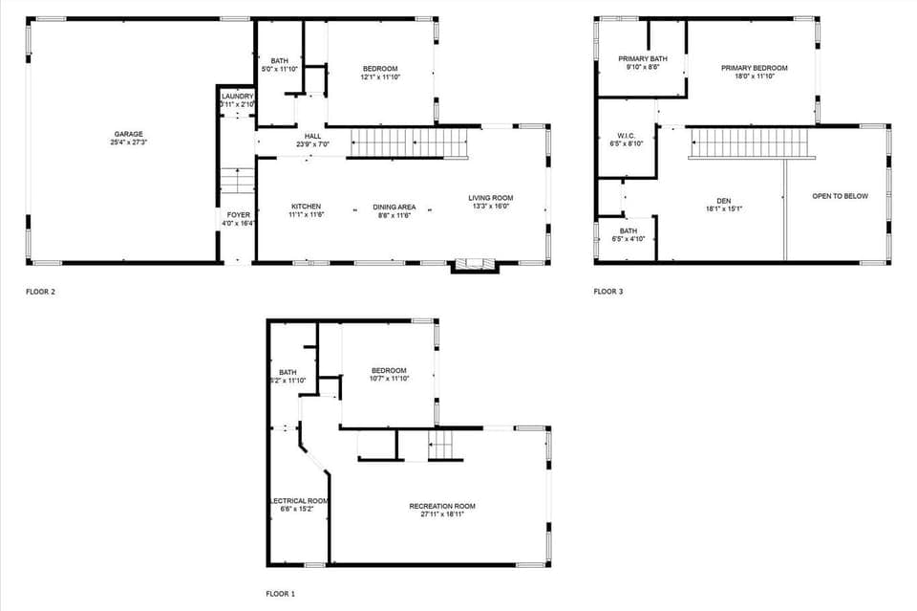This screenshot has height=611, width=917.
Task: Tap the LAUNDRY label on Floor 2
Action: coord(237,97)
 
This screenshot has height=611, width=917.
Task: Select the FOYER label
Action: coord(237,215)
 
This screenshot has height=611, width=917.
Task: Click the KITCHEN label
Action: coord(306,207)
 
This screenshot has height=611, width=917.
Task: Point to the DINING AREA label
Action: coord(394,207)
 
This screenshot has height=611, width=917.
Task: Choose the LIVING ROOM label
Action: coord(491,198)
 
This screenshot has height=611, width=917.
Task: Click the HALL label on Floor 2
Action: coord(312,137)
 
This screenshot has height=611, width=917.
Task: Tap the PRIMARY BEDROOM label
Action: coord(754,68)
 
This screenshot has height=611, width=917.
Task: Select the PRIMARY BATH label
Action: coord(642,59)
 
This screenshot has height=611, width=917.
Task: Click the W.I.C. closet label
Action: coord(627,136)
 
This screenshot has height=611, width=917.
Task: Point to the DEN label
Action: coord(723,201)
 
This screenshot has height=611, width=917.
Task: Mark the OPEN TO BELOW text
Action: coord(840,196)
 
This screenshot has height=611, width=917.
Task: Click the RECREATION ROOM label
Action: coord(441,506)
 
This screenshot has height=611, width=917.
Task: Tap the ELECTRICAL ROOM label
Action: coord(299,501)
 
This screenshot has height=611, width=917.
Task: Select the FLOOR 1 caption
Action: coord(280,594)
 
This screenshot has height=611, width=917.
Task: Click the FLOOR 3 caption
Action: coord(608,292)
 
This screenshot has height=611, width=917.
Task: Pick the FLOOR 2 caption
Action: coord(40,292)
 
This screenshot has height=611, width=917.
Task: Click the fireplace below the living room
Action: coord(475,265)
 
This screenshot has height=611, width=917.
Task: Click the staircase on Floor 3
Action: coord(736,143)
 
